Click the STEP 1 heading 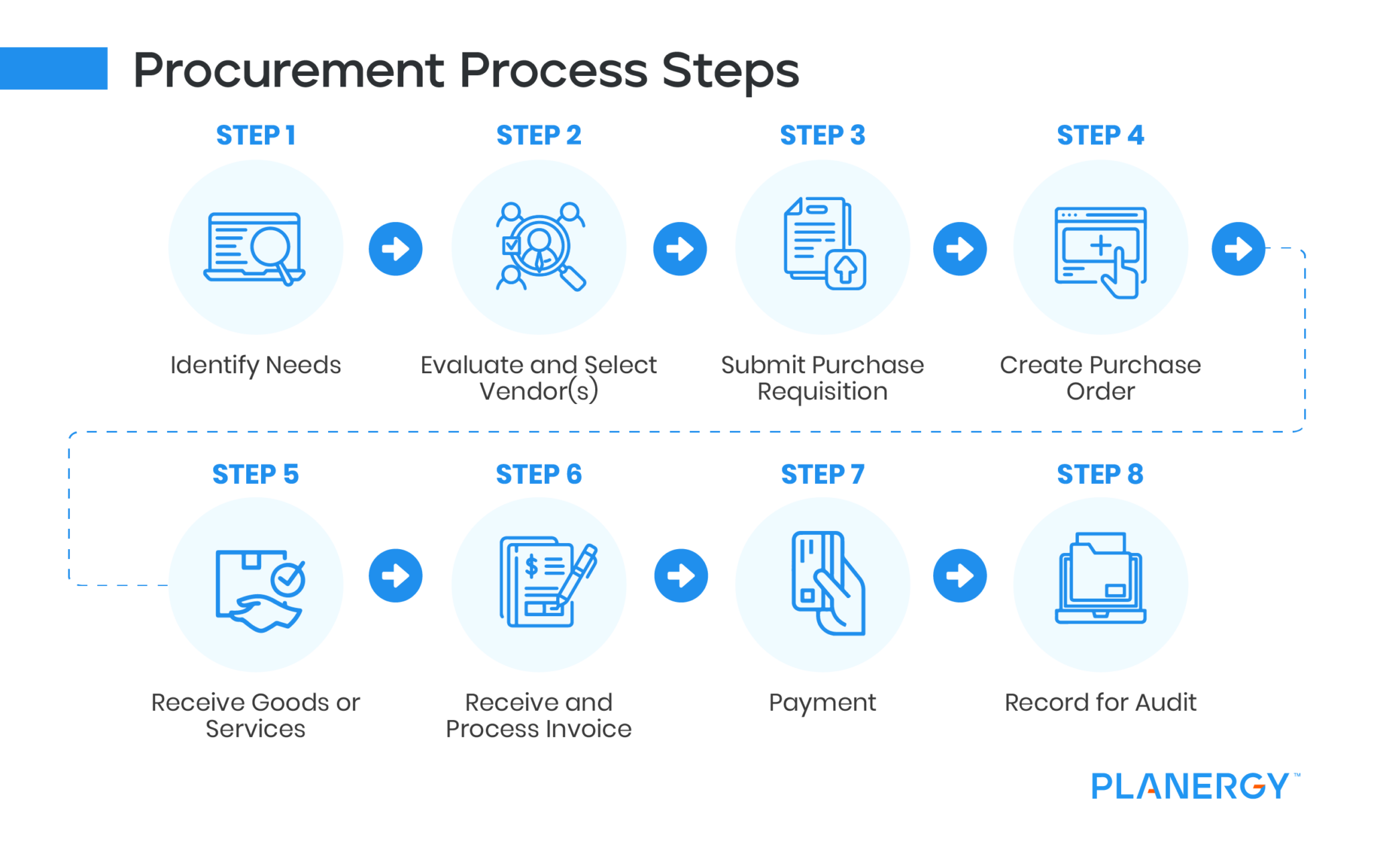click(256, 136)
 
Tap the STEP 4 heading click(1100, 136)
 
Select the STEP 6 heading click(539, 475)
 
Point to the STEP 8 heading click(1100, 475)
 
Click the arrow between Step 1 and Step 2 click(395, 249)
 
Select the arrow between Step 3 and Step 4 click(959, 249)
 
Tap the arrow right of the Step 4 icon click(1238, 249)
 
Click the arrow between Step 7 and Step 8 click(959, 576)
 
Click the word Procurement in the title click(288, 70)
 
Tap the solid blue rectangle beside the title click(54, 68)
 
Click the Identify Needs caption click(256, 365)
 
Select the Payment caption click(823, 703)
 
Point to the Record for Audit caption click(1100, 703)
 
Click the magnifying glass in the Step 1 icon click(272, 248)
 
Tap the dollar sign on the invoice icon click(531, 566)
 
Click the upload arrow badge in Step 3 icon click(845, 270)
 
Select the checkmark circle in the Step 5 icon click(288, 579)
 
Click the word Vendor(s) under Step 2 click(539, 391)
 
